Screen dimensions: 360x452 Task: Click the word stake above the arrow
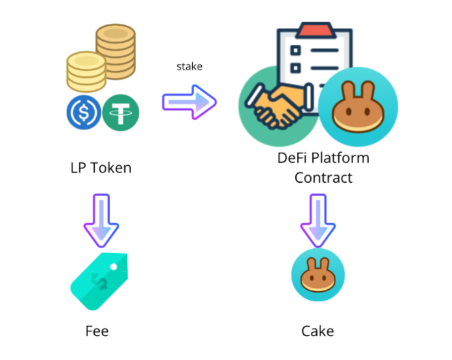190,66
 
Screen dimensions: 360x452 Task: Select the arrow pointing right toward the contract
189,102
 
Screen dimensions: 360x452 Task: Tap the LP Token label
100,166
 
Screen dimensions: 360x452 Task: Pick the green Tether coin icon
121,112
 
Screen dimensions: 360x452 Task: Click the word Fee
97,332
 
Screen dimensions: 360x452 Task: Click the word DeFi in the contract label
291,158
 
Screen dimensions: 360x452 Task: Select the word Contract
323,178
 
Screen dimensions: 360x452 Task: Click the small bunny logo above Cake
318,275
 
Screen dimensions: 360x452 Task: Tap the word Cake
318,332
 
